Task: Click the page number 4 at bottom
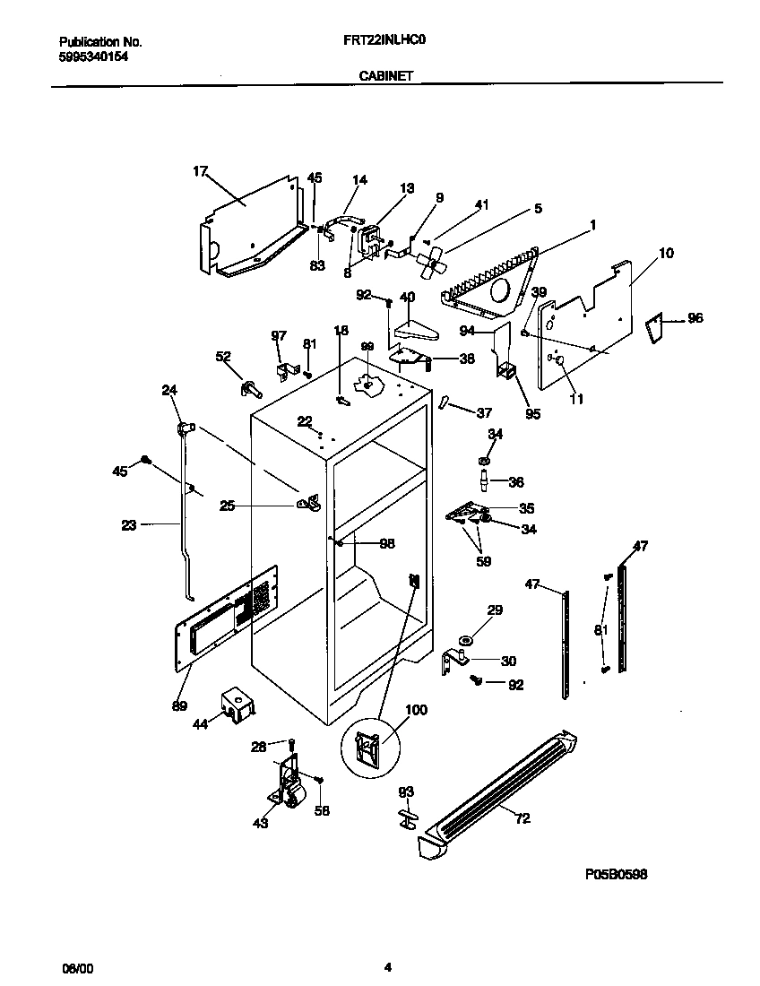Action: coord(387,967)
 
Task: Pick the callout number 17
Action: coord(200,169)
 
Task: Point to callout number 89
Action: coord(180,705)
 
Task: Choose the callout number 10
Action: coord(665,254)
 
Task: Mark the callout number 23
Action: coord(129,525)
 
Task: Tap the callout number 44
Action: coord(201,723)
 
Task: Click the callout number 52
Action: coord(223,356)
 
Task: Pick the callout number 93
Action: coord(406,791)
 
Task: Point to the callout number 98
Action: coord(386,543)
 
